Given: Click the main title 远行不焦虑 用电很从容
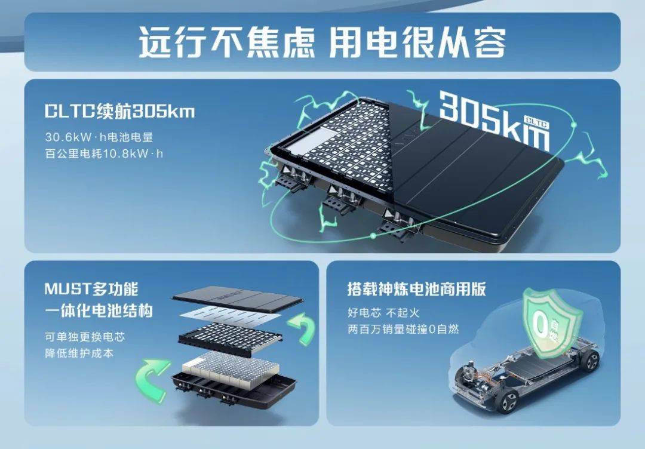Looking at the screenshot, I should click(x=322, y=42).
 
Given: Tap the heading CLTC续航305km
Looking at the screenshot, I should click(x=119, y=111).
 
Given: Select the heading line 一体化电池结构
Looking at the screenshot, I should click(x=99, y=310).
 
